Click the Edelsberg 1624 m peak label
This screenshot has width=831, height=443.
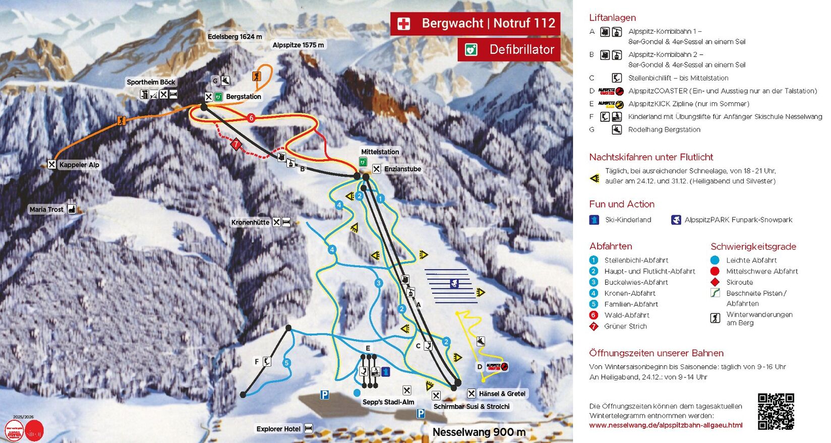(235, 37)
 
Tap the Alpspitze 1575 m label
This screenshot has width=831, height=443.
(298, 45)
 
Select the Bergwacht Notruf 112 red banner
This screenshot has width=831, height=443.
(475, 23)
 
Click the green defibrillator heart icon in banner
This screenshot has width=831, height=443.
(471, 49)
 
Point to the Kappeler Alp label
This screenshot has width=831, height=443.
(79, 165)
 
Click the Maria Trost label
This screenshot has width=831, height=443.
(46, 209)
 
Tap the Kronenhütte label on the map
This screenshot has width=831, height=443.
(250, 222)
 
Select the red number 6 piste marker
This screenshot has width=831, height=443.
(251, 118)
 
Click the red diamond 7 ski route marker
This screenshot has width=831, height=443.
(235, 144)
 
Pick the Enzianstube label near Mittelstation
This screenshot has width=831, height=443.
(402, 169)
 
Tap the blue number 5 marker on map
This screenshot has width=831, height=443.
(286, 363)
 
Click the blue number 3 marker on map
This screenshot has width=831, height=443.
(379, 283)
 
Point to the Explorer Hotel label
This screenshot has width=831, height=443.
(278, 429)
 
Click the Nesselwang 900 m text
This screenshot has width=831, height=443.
(479, 432)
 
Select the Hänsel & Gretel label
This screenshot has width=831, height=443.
(502, 394)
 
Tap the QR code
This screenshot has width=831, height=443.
(776, 411)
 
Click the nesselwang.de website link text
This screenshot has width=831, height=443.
(666, 425)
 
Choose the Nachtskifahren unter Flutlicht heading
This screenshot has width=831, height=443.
(651, 157)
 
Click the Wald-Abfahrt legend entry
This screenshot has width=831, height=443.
(627, 315)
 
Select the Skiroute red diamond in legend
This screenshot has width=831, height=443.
(715, 282)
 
